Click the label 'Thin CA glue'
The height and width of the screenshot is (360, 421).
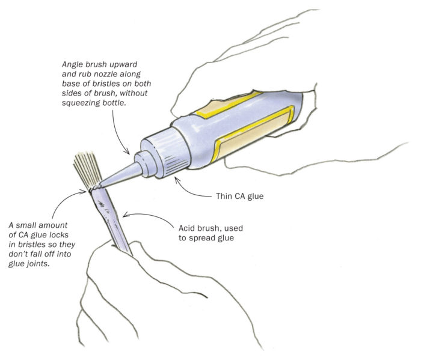click(x=239, y=197)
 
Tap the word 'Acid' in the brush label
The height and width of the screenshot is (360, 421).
click(x=186, y=228)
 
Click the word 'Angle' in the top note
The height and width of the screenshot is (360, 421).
click(x=71, y=65)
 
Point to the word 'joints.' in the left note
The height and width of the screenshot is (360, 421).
click(x=40, y=264)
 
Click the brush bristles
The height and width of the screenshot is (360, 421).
click(x=87, y=169)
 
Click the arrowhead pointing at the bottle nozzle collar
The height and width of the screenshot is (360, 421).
click(x=127, y=152)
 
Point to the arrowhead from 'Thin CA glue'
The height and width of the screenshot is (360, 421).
click(x=177, y=180)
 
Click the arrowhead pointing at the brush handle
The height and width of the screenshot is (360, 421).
click(x=126, y=215)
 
